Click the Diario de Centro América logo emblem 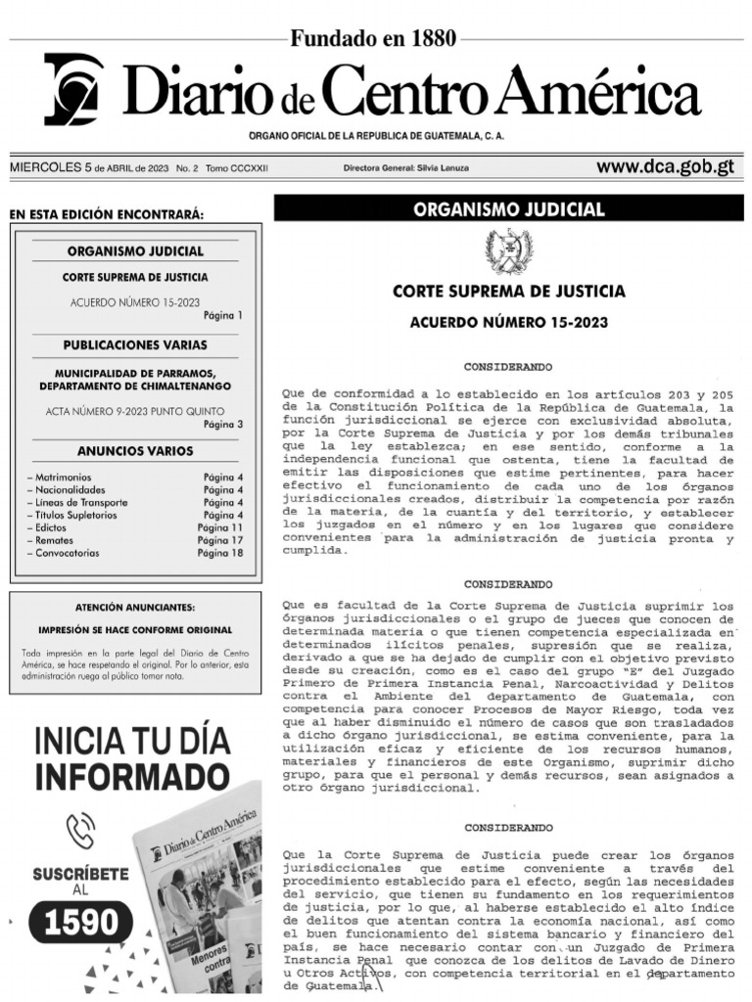pos(73,89)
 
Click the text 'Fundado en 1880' pos(373,39)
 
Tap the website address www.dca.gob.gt pos(665,167)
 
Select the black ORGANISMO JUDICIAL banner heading pos(509,209)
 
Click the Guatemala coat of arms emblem pos(509,250)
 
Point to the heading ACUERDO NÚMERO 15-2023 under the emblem pos(509,322)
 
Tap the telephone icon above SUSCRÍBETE pos(80,831)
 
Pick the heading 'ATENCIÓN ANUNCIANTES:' pos(135,608)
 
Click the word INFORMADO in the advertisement pos(131,777)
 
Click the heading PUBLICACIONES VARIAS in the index pos(135,345)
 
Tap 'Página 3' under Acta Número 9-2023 pos(222,425)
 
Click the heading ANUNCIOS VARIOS pos(135,451)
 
